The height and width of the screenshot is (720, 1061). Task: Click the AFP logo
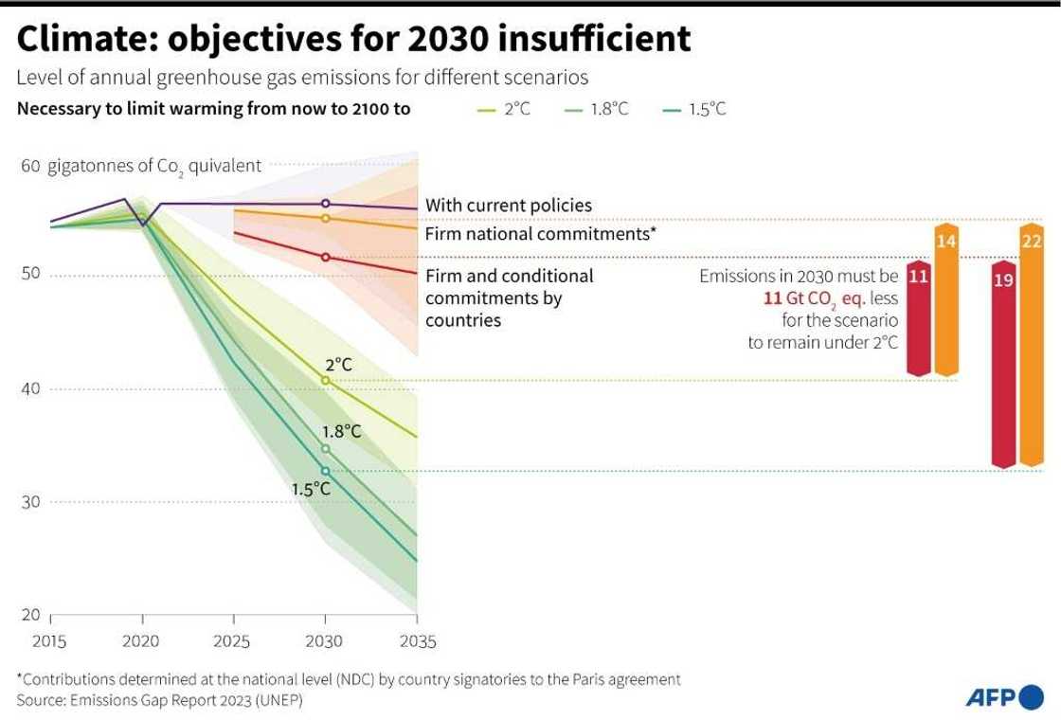click(1003, 698)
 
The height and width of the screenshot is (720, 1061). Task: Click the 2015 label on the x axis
click(49, 641)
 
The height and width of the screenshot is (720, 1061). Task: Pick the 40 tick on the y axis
click(30, 388)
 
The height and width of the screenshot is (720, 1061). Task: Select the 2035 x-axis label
click(418, 641)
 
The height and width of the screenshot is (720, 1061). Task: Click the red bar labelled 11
click(917, 317)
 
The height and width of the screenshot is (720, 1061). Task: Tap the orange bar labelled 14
click(945, 301)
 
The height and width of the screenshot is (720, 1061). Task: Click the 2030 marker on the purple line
click(326, 204)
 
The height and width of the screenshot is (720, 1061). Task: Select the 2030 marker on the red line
click(326, 257)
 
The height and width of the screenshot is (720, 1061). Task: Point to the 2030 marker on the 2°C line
click(326, 380)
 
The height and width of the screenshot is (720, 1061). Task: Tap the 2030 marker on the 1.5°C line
click(326, 471)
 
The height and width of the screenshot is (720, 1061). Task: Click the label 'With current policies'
click(509, 205)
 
